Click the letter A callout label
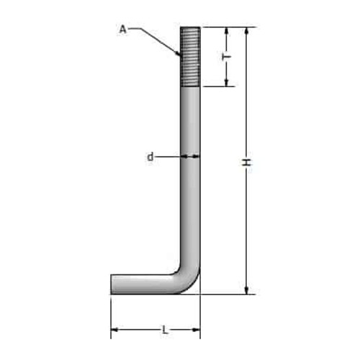pyautogui.click(x=122, y=30)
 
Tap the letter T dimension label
pyautogui.click(x=226, y=57)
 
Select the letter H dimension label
pyautogui.click(x=246, y=163)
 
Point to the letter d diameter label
pyautogui.click(x=150, y=157)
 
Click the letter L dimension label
pyautogui.click(x=164, y=330)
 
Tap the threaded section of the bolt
pyautogui.click(x=190, y=57)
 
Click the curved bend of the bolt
pyautogui.click(x=188, y=279)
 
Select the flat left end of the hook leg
pyautogui.click(x=111, y=284)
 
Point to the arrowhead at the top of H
pyautogui.click(x=246, y=31)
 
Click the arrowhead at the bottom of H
pyautogui.click(x=246, y=290)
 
